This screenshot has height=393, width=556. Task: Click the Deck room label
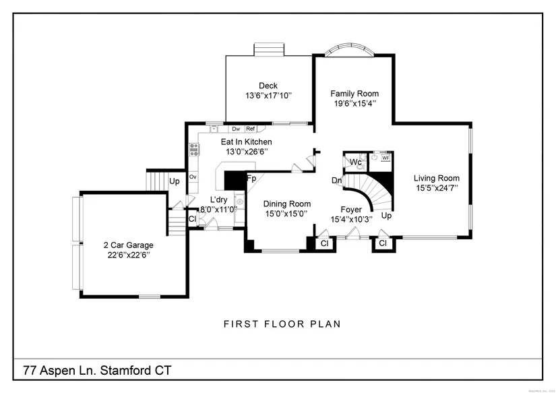(268, 86)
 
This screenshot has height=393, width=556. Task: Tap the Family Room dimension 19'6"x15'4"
(354, 104)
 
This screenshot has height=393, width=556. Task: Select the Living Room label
(437, 179)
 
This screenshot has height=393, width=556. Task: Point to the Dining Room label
(286, 204)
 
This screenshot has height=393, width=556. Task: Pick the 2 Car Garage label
(128, 245)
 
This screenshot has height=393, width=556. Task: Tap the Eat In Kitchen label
(246, 142)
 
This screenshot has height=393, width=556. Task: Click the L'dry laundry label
(218, 200)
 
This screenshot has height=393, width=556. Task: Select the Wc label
(355, 162)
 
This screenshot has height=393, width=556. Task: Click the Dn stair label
(336, 181)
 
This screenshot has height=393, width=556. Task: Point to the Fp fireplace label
(251, 179)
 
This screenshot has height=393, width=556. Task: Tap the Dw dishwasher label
(236, 129)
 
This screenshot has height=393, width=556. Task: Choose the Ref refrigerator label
(250, 129)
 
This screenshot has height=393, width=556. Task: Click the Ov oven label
(193, 177)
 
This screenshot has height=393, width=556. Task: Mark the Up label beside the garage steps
(174, 181)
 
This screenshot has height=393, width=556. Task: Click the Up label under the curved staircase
(386, 216)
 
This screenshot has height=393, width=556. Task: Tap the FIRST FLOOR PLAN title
(282, 324)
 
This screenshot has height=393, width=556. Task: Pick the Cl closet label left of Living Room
(383, 243)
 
